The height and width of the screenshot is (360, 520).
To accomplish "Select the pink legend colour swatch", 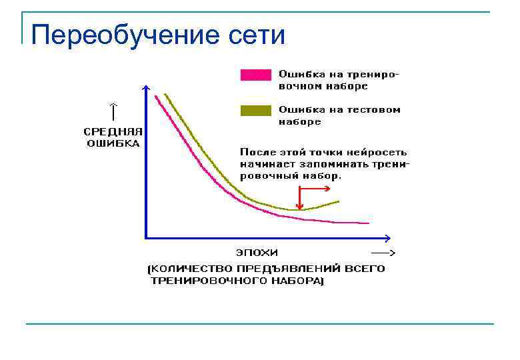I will click(256, 75).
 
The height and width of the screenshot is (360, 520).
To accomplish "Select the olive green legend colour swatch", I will click(256, 111).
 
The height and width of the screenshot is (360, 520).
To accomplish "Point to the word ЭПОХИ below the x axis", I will click(257, 253).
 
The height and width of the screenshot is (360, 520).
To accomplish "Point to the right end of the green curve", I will click(339, 201).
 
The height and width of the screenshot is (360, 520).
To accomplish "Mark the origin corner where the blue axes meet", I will click(146, 237).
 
